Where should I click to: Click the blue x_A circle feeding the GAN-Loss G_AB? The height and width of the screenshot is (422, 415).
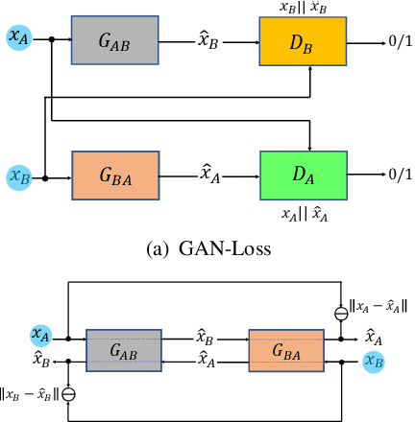click(x=18, y=37)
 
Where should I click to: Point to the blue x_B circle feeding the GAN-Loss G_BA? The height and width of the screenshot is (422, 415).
click(x=18, y=176)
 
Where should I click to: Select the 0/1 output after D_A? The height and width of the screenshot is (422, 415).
click(x=398, y=174)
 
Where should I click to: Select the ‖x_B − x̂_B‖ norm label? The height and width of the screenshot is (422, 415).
click(x=30, y=391)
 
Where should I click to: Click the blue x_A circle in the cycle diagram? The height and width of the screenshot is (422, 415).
click(x=40, y=335)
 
